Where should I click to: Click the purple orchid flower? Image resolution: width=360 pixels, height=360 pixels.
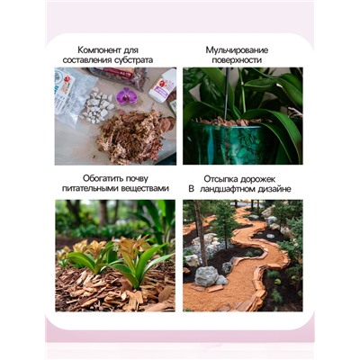tap(127, 95)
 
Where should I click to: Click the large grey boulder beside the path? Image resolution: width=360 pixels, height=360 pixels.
tap(206, 275)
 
